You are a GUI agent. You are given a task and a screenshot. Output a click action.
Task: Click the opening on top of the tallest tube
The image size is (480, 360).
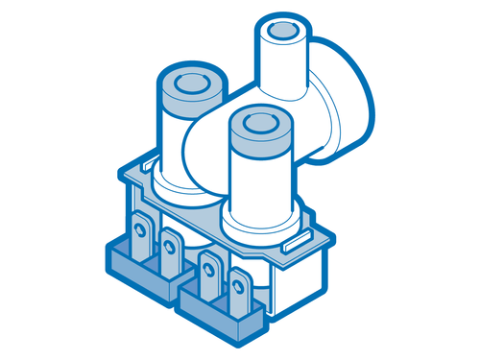click(283, 33)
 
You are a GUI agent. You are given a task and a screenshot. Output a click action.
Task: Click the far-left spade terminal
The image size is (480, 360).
click(142, 238)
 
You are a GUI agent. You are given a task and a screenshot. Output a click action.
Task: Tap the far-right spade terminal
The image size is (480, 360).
click(238, 289)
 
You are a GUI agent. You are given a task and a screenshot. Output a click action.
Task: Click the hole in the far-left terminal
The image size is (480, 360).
click(141, 229)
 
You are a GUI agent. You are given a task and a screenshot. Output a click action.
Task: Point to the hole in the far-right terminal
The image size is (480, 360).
click(238, 281)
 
